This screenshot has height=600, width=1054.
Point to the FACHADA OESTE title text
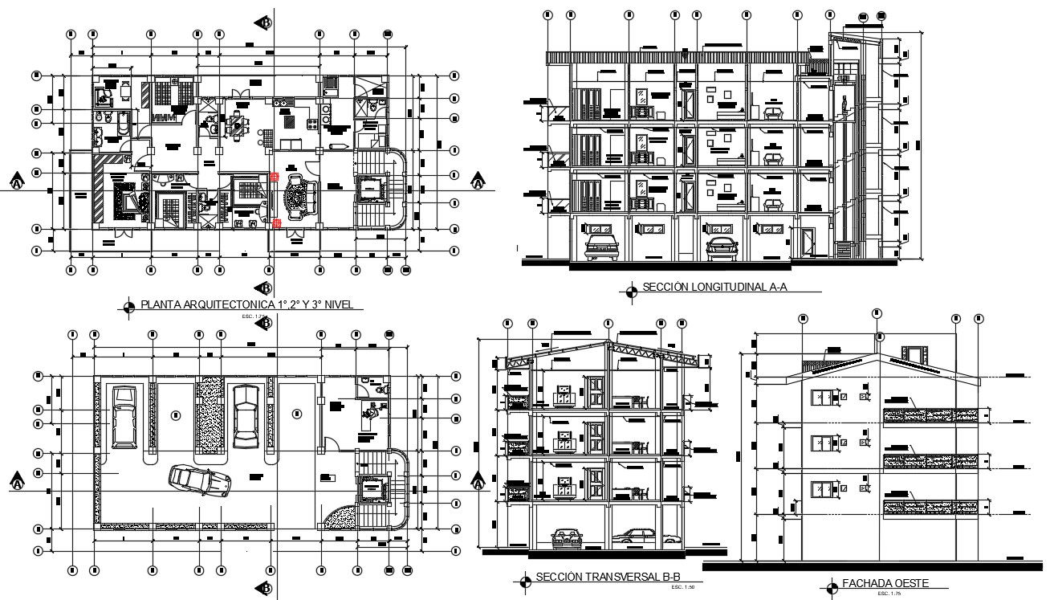(x=879, y=584)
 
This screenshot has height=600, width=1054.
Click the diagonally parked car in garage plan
(x=200, y=481)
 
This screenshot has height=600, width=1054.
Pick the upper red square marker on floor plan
(x=275, y=176)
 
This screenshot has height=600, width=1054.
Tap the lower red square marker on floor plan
(x=276, y=222)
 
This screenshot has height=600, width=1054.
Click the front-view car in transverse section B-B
(x=567, y=537)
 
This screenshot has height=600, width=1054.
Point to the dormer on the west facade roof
(x=914, y=354)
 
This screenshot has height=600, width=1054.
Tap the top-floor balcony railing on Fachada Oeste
(x=930, y=415)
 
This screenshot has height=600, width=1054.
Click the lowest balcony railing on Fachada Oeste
(x=930, y=507)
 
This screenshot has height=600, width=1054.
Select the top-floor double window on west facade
(x=822, y=397)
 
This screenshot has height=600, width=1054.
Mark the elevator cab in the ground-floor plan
(x=370, y=489)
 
